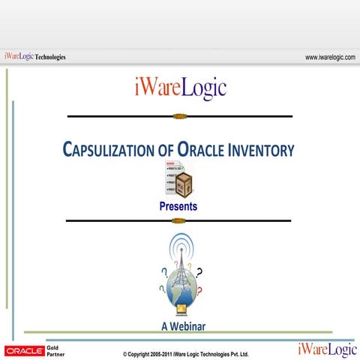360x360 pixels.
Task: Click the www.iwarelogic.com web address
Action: click(330, 57)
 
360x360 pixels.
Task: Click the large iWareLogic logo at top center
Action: click(178, 88)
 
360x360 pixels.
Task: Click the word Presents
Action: click(178, 206)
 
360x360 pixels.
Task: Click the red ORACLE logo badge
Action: click(24, 350)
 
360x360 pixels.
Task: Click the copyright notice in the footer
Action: click(185, 353)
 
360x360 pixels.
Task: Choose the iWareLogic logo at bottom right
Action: click(327, 349)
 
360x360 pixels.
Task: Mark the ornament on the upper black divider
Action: click(178, 116)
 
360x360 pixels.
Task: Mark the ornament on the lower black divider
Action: click(178, 220)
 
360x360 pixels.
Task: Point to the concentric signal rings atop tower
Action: click(180, 246)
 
